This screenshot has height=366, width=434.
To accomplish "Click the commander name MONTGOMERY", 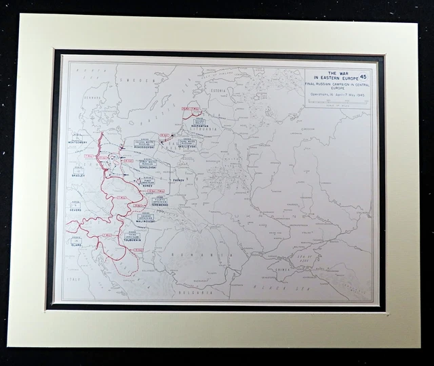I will point(78,143).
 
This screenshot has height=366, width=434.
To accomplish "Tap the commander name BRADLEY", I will point(78,175).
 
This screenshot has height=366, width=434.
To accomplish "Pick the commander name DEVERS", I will point(75,210).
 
